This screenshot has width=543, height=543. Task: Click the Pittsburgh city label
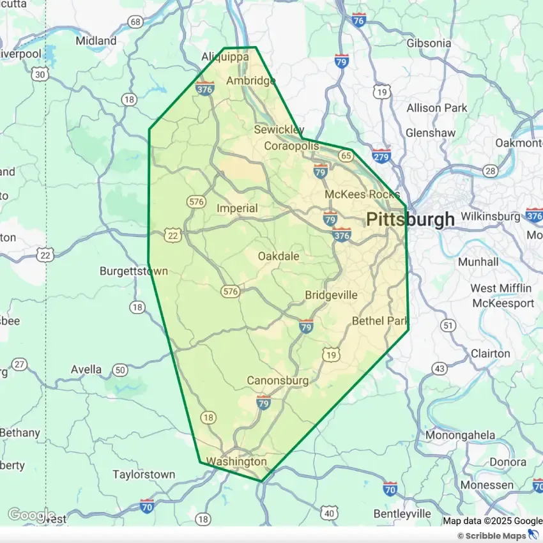410,219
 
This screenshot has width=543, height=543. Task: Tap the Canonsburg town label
278,381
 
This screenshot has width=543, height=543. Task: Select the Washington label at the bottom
236,461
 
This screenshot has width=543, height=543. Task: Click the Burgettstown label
134,271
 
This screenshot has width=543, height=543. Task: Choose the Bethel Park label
380,321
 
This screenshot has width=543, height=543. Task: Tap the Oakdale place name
279,256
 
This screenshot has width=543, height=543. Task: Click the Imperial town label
237,208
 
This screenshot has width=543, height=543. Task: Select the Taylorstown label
144,475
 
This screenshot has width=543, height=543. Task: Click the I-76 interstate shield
358,20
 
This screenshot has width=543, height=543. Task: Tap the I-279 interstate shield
381,156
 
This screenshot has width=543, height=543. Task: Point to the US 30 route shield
40,75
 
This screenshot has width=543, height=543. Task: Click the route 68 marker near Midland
135,22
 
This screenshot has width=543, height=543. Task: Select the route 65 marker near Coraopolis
346,155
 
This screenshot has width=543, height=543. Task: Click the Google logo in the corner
31,514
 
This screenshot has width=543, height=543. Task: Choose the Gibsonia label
429,43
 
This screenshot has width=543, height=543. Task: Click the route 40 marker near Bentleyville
329,513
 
